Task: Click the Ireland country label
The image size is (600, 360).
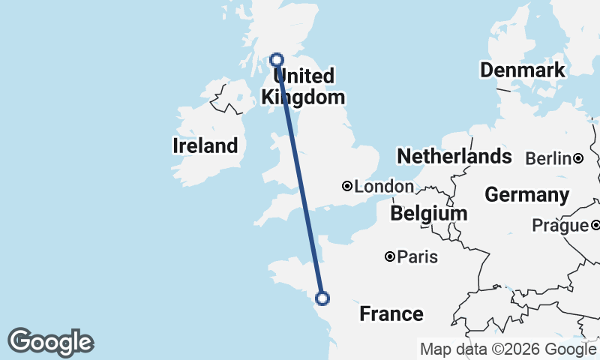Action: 205,145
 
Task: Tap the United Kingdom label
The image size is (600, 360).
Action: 302,87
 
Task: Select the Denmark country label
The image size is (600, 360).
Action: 522,70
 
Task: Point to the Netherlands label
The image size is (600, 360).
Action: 454,156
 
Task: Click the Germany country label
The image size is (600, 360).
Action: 526,195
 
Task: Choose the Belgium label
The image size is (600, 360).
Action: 428,214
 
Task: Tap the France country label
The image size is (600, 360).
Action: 391,313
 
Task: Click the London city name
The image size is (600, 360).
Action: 384,187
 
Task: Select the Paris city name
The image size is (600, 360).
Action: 417,257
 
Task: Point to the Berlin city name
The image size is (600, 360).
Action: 549,159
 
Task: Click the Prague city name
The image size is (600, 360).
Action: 559,226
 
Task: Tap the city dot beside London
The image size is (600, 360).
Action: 347,186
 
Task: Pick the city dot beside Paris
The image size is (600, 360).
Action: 390,256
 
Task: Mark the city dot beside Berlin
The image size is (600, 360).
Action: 578,158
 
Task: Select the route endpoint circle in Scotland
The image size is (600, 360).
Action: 277,59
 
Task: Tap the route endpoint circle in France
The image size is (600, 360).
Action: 322,298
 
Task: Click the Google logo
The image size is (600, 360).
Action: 50,342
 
